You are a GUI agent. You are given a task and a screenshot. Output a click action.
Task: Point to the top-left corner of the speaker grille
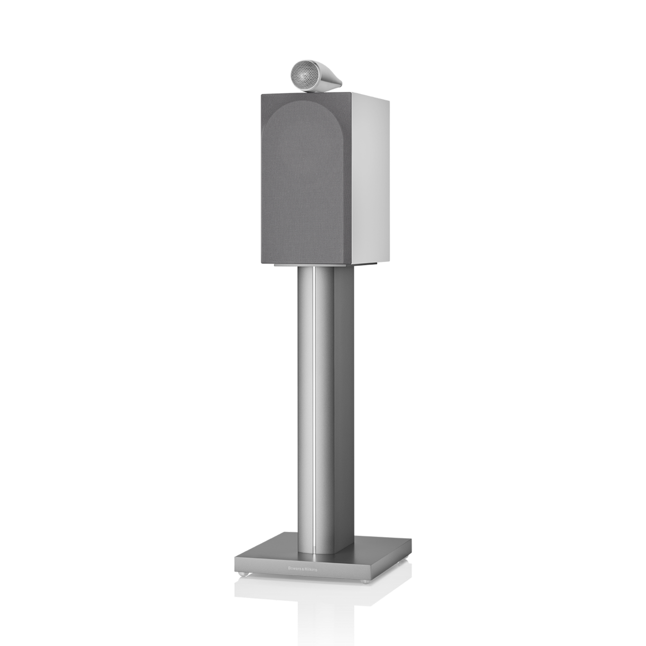262,97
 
